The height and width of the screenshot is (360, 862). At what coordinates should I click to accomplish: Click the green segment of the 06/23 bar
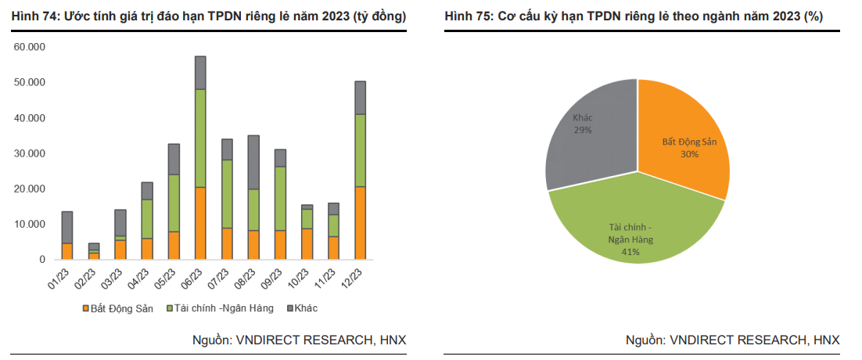[200, 138]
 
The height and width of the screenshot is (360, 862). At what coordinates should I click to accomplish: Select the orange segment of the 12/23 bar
[360, 223]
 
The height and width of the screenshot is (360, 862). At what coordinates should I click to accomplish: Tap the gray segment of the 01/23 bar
[67, 227]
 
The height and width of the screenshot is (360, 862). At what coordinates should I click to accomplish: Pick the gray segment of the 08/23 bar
[253, 162]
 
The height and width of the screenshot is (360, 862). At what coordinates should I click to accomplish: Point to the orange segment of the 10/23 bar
[307, 243]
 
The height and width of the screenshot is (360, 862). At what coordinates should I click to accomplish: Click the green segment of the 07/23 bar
[227, 193]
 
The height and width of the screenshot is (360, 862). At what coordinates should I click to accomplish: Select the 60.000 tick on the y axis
[30, 47]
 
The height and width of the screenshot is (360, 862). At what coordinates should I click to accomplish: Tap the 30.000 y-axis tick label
[30, 153]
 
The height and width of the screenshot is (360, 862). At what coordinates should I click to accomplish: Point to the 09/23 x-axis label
[274, 279]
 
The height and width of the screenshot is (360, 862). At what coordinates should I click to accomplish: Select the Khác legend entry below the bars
[301, 308]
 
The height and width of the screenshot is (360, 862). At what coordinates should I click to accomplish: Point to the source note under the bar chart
[299, 340]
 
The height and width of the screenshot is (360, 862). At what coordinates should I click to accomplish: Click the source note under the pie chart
[732, 340]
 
